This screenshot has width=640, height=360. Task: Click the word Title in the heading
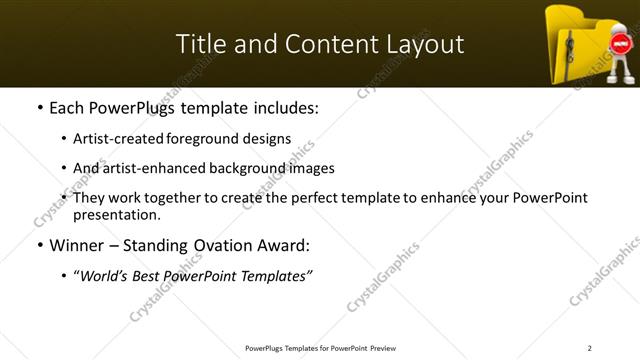[x=198, y=44]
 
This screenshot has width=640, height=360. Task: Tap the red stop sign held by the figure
[x=619, y=45]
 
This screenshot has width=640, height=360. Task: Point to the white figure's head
[x=620, y=25]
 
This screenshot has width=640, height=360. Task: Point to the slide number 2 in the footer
[x=589, y=348]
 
